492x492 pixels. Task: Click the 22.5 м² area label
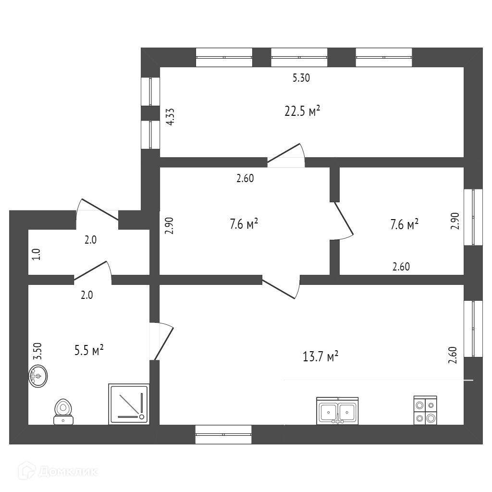302,111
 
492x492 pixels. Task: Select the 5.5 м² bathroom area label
89,350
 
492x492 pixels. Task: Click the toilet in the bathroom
63,412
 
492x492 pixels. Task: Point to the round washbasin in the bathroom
38,376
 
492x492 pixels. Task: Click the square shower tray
129,404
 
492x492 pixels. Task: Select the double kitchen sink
337,411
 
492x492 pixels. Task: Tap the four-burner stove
425,411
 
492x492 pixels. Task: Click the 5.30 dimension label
301,78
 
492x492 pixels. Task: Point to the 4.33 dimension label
170,117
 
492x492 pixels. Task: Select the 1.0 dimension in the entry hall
37,253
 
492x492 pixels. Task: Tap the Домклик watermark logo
58,471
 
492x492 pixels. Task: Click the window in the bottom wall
224,434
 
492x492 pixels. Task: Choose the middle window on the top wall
299,57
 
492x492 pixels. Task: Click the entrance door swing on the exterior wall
98,210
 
